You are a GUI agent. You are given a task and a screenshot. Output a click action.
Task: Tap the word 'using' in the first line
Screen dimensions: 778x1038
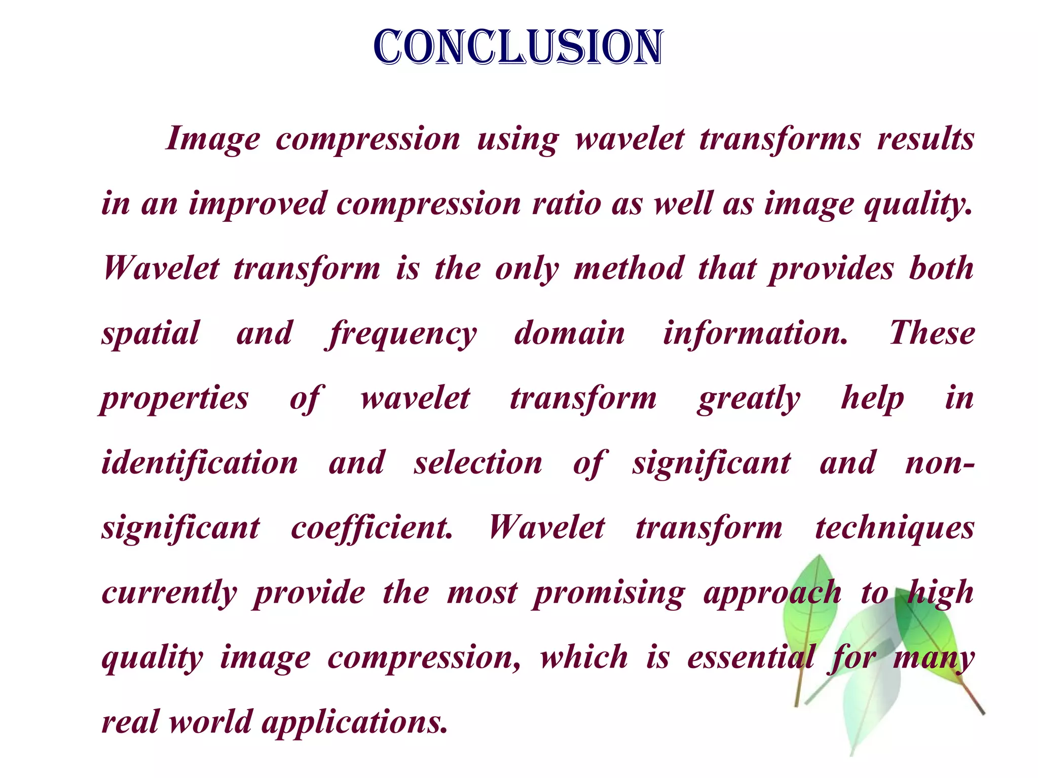click(x=517, y=140)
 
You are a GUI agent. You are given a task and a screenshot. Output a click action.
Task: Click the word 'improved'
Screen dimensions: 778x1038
click(x=257, y=204)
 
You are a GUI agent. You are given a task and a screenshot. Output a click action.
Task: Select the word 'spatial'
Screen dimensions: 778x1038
click(x=151, y=334)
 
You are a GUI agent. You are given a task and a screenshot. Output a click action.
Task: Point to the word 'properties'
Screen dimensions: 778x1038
click(x=174, y=399)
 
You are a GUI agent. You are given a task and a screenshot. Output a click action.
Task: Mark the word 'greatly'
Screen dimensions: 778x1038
click(x=749, y=399)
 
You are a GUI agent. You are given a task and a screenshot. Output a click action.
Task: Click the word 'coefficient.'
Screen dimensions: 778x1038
click(x=372, y=528)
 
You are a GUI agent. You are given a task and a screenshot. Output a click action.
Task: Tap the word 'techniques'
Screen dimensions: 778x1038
click(x=895, y=529)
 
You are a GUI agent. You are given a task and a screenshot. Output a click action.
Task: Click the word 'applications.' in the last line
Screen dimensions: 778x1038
click(x=354, y=722)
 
